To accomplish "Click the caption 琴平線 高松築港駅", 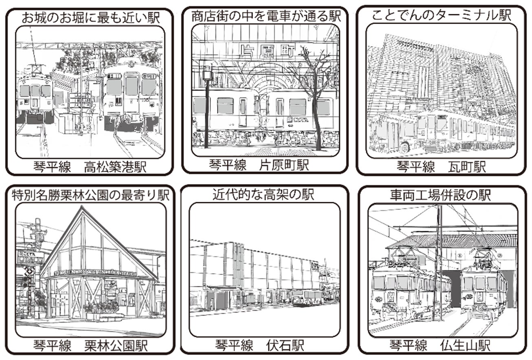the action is [x=90, y=167].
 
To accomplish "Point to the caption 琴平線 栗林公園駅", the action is [x=90, y=346].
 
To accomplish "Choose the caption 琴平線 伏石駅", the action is [x=259, y=346].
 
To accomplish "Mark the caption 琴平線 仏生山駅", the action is [x=439, y=346].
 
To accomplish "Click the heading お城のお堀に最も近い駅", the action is [x=90, y=17].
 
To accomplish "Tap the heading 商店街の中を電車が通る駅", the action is [x=266, y=16].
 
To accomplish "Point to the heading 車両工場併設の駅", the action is [x=440, y=195].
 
